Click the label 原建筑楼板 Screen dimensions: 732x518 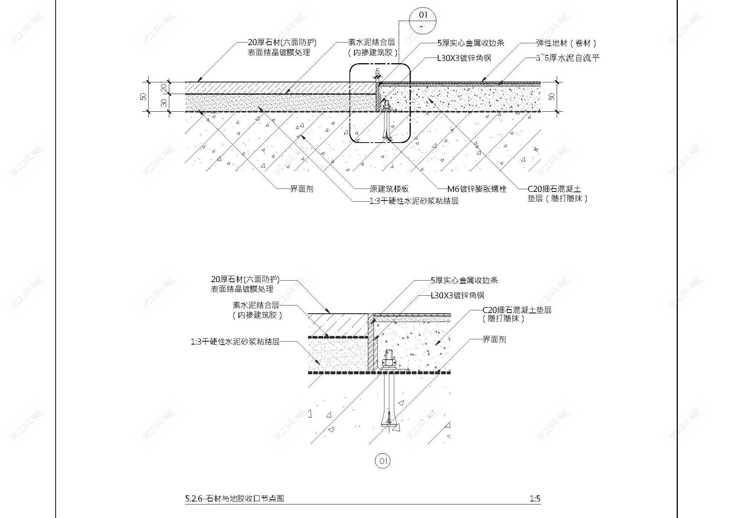pyautogui.click(x=389, y=189)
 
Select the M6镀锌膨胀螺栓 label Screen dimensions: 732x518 pyautogui.click(x=477, y=189)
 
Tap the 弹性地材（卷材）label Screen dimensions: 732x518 pyautogui.click(x=567, y=43)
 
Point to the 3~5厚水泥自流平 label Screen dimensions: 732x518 pyautogui.click(x=568, y=58)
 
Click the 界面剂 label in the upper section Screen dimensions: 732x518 pyautogui.click(x=302, y=189)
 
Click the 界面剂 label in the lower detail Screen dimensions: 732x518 pyautogui.click(x=494, y=339)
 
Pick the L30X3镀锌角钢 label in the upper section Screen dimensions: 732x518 pyautogui.click(x=464, y=58)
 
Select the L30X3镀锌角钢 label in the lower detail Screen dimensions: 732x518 pyautogui.click(x=457, y=295)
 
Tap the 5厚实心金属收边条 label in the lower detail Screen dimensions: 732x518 pyautogui.click(x=464, y=280)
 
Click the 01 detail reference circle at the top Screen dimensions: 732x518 pyautogui.click(x=423, y=20)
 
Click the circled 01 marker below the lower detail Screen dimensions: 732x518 pyautogui.click(x=383, y=461)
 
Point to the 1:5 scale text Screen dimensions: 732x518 pyautogui.click(x=535, y=499)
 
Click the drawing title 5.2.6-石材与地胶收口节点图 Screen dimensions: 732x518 pyautogui.click(x=234, y=499)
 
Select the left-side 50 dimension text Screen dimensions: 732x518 pyautogui.click(x=143, y=96)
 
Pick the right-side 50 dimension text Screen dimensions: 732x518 pyautogui.click(x=551, y=96)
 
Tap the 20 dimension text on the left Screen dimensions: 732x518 pyautogui.click(x=164, y=88)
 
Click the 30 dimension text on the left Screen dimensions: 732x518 pyautogui.click(x=164, y=102)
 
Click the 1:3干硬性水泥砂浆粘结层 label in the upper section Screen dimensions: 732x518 pyautogui.click(x=414, y=201)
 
